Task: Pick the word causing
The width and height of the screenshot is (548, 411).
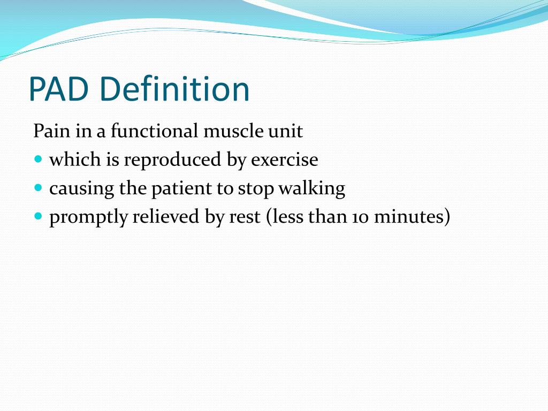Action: click(74, 189)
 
